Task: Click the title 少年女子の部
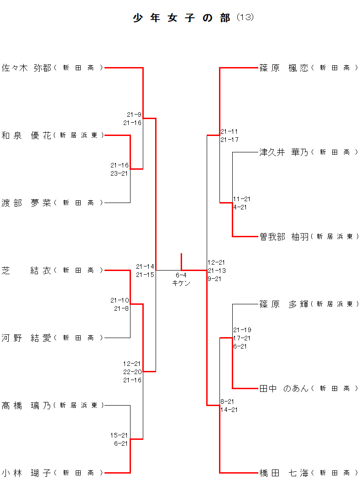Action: pos(182,18)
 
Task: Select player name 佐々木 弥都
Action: pos(26,68)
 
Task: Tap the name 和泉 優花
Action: pos(26,136)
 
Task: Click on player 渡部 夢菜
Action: pos(26,203)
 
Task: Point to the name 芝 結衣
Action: pos(26,271)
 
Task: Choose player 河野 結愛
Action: pos(26,338)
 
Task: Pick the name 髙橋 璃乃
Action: pos(26,406)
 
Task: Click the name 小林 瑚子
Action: pos(26,473)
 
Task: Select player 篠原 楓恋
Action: pos(284,68)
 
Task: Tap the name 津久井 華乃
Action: pos(284,152)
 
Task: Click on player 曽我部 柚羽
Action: pos(284,237)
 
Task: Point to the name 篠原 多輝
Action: pos(284,304)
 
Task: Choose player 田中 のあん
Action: pos(284,389)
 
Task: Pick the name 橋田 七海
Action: pos(284,473)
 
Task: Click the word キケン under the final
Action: pos(181,283)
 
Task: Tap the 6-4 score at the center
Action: pos(181,275)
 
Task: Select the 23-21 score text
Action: pos(120,173)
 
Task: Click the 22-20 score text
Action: pos(132,372)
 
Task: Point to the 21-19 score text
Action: pos(242,330)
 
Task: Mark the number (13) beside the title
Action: pos(245,17)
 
